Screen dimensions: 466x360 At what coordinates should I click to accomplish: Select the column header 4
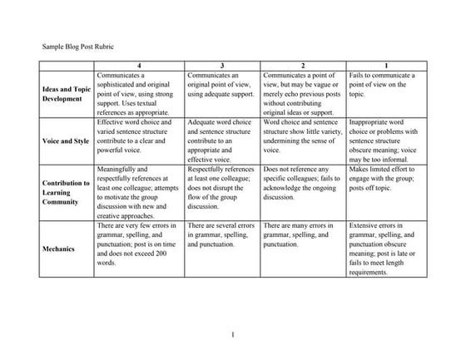(x=139, y=64)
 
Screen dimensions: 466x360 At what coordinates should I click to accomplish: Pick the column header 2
(x=302, y=64)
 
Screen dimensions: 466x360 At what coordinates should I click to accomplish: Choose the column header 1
(x=385, y=64)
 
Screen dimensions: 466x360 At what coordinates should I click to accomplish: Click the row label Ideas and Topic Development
(x=65, y=93)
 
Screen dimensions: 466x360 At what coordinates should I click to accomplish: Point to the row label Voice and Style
(x=65, y=141)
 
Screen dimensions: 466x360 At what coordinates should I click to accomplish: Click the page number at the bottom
(x=235, y=335)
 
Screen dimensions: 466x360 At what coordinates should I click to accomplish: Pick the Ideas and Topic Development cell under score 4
(x=139, y=93)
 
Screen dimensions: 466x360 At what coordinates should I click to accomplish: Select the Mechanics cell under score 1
(x=385, y=249)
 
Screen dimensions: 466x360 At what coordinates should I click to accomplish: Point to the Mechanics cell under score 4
(x=139, y=244)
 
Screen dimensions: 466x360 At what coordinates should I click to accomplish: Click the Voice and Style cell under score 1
(x=385, y=141)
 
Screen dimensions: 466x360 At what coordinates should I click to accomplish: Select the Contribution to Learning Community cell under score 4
(x=139, y=192)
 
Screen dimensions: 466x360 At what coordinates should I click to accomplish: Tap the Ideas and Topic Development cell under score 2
(x=302, y=93)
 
